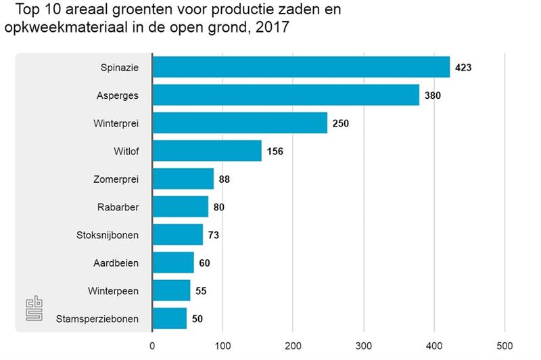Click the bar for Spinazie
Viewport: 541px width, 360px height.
[x=301, y=67]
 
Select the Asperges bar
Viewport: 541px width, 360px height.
[x=285, y=95]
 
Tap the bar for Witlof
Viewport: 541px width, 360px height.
[x=207, y=151]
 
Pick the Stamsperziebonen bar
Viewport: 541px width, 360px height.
[x=170, y=318]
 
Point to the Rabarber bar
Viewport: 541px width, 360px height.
[x=181, y=206]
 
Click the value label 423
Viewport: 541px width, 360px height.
[x=463, y=68]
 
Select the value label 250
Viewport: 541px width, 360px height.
[x=340, y=123]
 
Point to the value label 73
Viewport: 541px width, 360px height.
[x=215, y=235]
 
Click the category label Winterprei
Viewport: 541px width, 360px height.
[x=116, y=123]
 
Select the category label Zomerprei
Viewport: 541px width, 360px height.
[x=116, y=179]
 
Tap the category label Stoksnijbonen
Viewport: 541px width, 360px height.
[x=108, y=235]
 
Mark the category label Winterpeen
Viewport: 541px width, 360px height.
[x=114, y=291]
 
